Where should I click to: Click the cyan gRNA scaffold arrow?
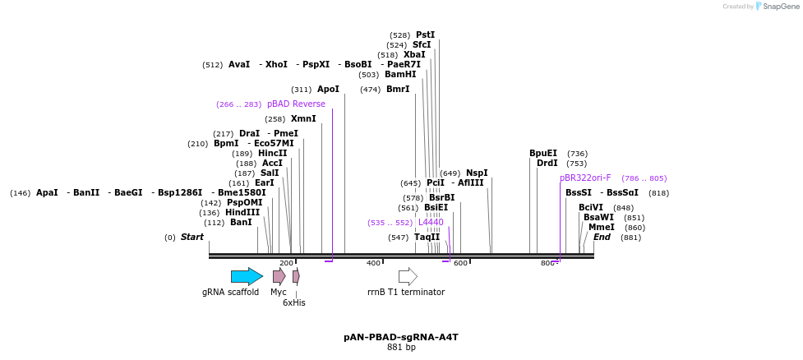tap(247, 276)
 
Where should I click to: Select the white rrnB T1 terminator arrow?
tap(408, 276)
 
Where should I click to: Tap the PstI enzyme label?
tap(425, 35)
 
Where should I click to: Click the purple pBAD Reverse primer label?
tap(296, 104)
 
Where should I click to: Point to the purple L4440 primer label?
tap(431, 223)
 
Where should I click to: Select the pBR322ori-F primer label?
tap(585, 178)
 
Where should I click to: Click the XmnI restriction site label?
tap(303, 119)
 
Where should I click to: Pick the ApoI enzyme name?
tap(328, 90)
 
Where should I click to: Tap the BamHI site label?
tap(400, 75)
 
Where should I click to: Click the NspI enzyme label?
tap(477, 173)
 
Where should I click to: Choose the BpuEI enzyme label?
tap(543, 154)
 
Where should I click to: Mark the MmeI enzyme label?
tap(601, 228)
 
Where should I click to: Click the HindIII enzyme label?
tap(242, 213)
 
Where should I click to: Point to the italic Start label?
tap(192, 238)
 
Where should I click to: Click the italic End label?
tap(602, 238)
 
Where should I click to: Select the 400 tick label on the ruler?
tap(373, 263)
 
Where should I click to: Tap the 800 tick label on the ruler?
tap(547, 263)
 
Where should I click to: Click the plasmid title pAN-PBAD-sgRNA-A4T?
tap(401, 338)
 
